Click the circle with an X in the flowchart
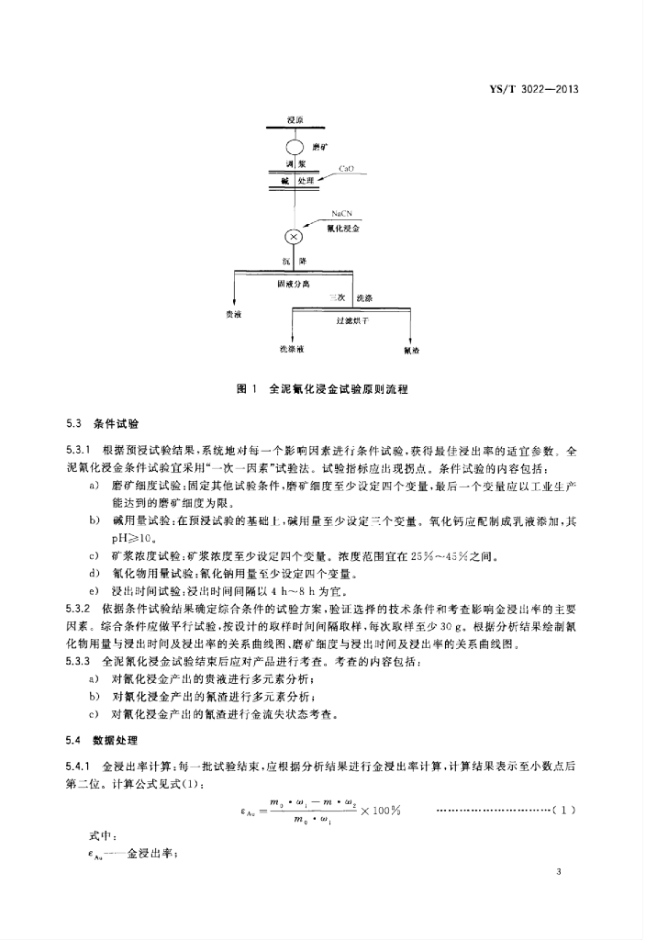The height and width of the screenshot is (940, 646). [294, 237]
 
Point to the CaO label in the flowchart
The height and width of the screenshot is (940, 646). [347, 169]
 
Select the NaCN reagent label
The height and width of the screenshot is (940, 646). [344, 213]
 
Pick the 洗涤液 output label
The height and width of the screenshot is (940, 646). [292, 349]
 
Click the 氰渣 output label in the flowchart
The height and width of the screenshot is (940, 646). [408, 350]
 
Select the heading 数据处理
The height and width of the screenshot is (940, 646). [115, 740]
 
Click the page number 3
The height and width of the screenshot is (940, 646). [572, 871]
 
